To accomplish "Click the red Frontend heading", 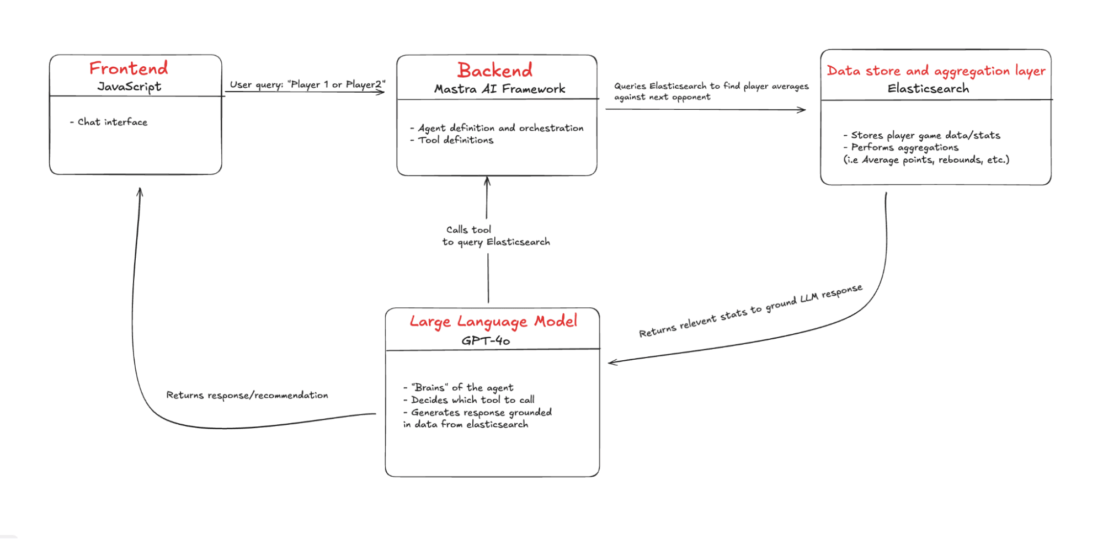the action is click(129, 68).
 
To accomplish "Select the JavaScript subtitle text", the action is click(130, 87).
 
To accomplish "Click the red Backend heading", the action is click(495, 71).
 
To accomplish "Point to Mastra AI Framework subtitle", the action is click(499, 89).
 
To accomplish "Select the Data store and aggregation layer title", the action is click(936, 71).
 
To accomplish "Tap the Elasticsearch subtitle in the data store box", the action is click(928, 88).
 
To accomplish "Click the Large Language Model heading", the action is click(493, 321).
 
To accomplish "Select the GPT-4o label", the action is click(486, 340).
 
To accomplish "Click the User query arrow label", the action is click(307, 84).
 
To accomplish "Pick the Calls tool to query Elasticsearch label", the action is click(495, 236).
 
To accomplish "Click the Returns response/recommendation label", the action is click(247, 395).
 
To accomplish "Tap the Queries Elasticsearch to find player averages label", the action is click(711, 91).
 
